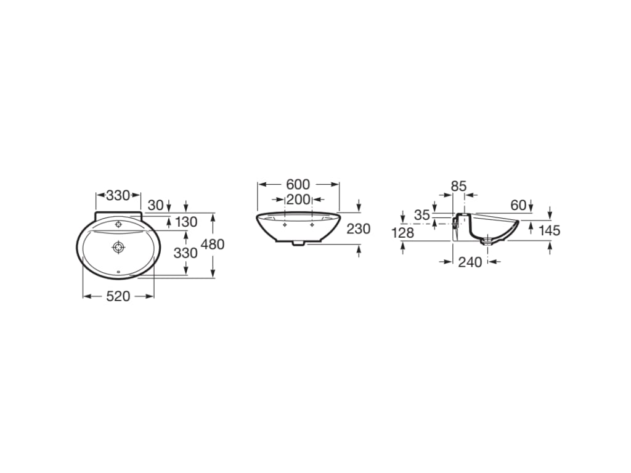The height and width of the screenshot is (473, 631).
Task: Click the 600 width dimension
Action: click(x=298, y=184)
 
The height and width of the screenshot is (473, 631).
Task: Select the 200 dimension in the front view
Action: click(x=298, y=199)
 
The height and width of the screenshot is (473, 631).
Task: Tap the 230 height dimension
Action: click(x=358, y=229)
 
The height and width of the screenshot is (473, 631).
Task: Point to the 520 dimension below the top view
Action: click(x=118, y=296)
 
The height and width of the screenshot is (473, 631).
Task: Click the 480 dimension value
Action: click(x=213, y=245)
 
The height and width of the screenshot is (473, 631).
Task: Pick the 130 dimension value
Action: click(x=185, y=222)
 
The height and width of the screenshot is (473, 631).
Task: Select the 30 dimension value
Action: click(x=156, y=205)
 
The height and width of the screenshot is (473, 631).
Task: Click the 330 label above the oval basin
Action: click(x=118, y=196)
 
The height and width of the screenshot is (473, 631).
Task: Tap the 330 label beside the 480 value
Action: click(x=185, y=253)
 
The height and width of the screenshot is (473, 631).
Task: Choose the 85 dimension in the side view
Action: click(x=458, y=185)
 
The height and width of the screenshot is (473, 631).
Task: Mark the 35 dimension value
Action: click(x=421, y=215)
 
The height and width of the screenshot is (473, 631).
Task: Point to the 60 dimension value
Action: click(x=518, y=205)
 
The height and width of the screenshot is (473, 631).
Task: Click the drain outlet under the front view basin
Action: click(x=298, y=243)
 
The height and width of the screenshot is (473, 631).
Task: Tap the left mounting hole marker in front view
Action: click(x=284, y=225)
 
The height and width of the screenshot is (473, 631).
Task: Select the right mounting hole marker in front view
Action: click(x=312, y=225)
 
